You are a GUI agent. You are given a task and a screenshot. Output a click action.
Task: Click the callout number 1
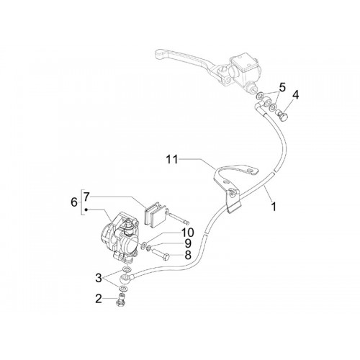274,206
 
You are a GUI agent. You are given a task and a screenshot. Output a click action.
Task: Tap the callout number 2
99,299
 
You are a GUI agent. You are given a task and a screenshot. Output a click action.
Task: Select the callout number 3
99,278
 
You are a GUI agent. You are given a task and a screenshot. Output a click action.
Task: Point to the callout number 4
296,95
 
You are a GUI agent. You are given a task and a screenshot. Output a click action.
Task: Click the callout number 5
282,88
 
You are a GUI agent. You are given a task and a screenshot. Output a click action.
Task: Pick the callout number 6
74,202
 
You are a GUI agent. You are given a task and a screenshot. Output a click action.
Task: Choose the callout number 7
86,197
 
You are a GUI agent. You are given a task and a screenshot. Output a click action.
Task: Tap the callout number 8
188,255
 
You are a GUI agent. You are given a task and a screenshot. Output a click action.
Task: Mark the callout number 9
188,243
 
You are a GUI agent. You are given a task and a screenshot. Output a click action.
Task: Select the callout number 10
187,233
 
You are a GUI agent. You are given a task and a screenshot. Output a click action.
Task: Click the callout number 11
172,159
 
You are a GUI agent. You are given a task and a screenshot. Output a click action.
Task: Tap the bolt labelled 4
283,115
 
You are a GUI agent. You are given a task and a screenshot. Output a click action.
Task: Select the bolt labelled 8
161,254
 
